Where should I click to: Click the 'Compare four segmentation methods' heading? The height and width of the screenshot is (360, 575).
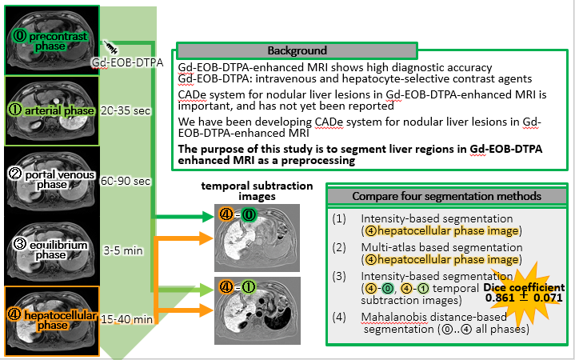click(447, 196)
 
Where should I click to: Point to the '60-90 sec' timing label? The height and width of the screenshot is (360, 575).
click(126, 181)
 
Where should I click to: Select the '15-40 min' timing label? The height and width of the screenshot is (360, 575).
click(127, 319)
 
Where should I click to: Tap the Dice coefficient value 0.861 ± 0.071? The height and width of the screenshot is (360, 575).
click(524, 297)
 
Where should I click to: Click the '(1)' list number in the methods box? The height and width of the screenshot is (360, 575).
click(339, 218)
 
